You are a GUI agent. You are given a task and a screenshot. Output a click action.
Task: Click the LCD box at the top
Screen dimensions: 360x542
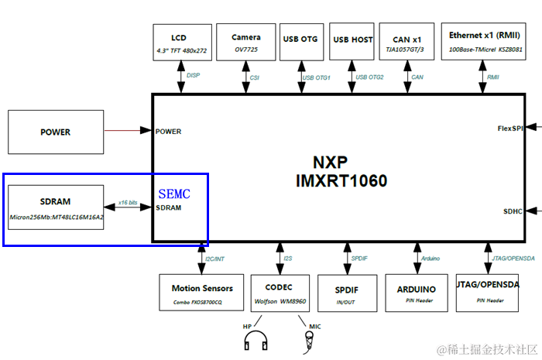coord(180,43)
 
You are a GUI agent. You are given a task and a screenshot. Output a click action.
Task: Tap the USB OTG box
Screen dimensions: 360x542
coord(300,43)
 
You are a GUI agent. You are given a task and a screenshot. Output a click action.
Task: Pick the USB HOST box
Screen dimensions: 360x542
coord(352,43)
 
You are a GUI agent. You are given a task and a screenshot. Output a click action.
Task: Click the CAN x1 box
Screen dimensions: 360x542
coord(407,43)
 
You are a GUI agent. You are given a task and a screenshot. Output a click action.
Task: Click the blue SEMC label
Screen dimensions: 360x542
coord(174,193)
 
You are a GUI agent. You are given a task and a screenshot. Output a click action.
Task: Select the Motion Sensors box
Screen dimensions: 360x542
coord(201,293)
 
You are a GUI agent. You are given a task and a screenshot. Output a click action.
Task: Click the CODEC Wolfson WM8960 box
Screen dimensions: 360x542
coord(279,293)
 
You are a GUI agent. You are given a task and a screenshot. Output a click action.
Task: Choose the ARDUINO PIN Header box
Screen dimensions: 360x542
coord(417,293)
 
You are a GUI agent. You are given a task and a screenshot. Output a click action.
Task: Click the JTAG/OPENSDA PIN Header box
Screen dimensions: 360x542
coord(487,290)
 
